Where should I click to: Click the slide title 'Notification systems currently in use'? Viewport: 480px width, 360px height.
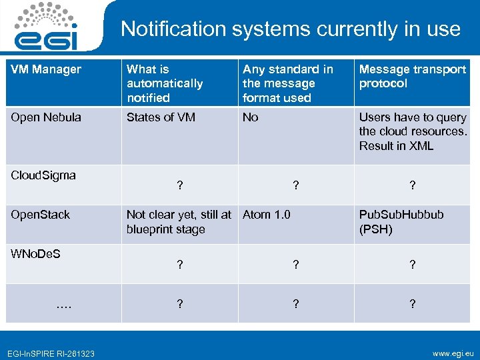(x=290, y=29)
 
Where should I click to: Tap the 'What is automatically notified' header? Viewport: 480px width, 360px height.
(x=165, y=83)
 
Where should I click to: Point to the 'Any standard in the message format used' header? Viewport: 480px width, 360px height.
(x=288, y=83)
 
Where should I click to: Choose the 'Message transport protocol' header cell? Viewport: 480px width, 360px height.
(x=412, y=76)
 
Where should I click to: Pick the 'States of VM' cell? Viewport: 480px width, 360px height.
(x=161, y=117)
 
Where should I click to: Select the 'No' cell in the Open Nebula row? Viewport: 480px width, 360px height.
(x=251, y=117)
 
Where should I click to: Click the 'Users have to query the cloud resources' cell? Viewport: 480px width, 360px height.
(x=413, y=131)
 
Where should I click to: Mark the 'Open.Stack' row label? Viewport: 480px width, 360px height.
(x=41, y=215)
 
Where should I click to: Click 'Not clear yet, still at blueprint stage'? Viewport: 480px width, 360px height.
(x=179, y=222)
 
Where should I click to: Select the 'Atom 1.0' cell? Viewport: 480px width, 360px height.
(x=267, y=215)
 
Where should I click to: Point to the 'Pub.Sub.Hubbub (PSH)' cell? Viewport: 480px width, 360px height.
(x=401, y=222)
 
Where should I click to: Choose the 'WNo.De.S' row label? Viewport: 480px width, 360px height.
(x=36, y=254)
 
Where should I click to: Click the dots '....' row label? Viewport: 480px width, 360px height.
(x=64, y=304)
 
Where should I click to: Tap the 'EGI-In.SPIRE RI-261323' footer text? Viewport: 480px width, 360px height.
(x=51, y=353)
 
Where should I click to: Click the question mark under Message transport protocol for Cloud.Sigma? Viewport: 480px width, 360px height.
(x=412, y=187)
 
